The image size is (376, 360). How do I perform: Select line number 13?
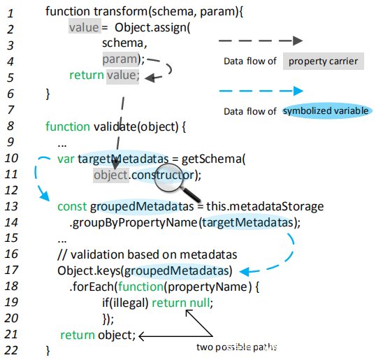[11, 206]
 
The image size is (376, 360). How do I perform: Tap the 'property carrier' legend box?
[324, 61]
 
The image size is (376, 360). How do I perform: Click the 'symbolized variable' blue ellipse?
[326, 111]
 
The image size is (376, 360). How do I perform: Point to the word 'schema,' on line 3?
[124, 43]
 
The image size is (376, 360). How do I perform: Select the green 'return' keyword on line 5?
[87, 75]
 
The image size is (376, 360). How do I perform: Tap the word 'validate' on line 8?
[115, 127]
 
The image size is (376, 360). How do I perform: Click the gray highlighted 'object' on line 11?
[111, 175]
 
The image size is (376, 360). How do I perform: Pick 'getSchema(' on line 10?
[213, 159]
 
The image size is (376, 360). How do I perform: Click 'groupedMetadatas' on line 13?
[142, 206]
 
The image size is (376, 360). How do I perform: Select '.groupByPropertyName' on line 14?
[133, 223]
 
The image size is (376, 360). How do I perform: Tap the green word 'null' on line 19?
[200, 303]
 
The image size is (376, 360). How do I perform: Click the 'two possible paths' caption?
[237, 347]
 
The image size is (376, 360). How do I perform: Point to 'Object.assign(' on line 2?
[152, 28]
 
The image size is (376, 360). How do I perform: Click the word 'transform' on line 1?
[121, 11]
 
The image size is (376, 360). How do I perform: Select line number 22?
[11, 350]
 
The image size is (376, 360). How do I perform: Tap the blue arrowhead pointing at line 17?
[246, 271]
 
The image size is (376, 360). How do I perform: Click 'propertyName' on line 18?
[208, 287]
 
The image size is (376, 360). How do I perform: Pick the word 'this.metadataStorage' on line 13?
[265, 206]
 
